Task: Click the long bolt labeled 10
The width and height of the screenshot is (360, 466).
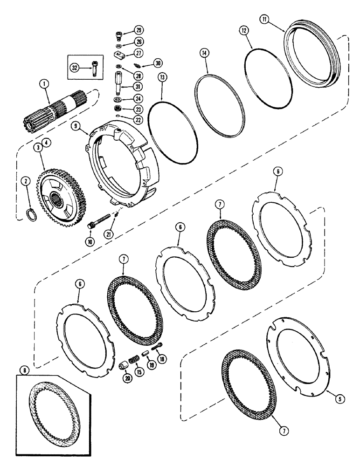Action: pos(100,220)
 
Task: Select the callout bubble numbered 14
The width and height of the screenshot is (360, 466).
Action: pos(203,53)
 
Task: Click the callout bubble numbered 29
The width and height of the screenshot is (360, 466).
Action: pos(138,30)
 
